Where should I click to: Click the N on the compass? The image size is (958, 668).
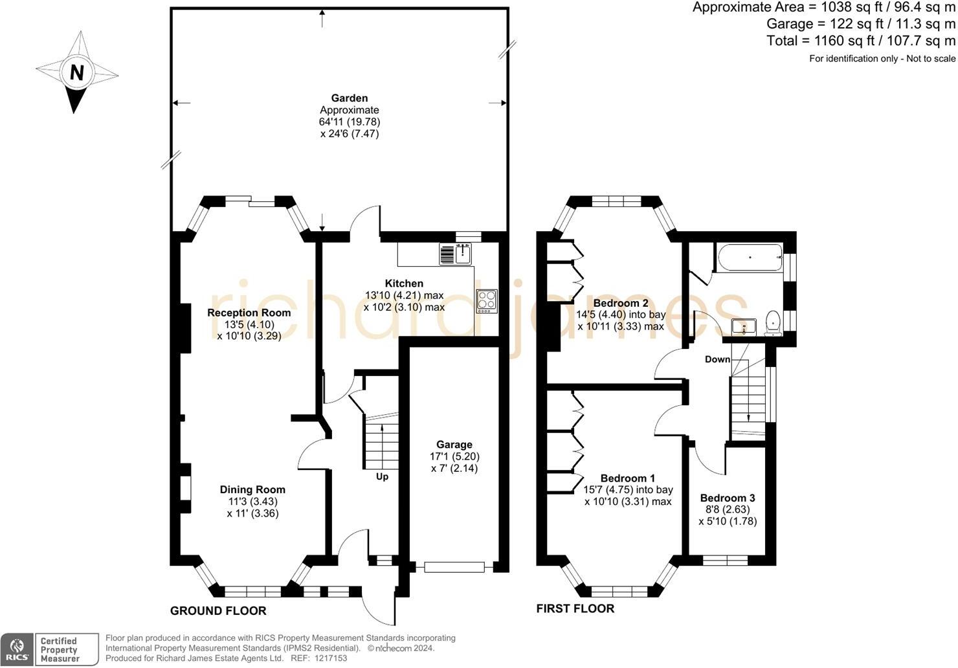coord(77,72)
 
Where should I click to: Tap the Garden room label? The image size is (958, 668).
coord(350,98)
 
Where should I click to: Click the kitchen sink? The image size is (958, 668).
coord(463,254)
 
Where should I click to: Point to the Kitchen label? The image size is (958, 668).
coord(404,284)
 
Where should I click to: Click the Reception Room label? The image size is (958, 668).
coord(249,313)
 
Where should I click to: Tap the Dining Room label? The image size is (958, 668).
coord(252,489)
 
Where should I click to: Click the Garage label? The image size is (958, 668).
coord(454,444)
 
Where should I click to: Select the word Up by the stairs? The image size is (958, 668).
coord(382,476)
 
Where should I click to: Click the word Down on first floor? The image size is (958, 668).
coord(717,359)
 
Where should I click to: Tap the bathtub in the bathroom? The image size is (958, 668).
coord(750,258)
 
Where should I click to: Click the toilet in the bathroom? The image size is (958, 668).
coord(773,323)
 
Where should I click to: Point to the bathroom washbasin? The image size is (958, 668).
coord(744,328)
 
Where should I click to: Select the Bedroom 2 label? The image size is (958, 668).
coord(621,303)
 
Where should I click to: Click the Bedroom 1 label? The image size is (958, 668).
coord(627,478)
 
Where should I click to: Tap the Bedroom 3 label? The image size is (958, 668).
coord(728,498)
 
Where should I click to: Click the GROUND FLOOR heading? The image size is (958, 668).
coord(218,610)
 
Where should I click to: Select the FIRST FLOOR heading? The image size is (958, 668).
coord(575,608)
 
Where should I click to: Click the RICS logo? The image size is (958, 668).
coord(17,650)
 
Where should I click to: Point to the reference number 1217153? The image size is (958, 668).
coord(331,658)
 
